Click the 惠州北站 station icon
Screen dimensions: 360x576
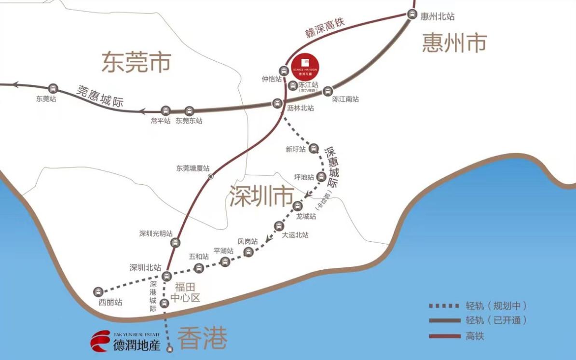click(411, 14)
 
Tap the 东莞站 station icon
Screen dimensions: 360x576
click(53, 88)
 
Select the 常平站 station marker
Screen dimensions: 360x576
click(165, 111)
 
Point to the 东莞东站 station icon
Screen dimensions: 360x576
click(189, 111)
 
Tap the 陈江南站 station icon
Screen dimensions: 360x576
click(328, 90)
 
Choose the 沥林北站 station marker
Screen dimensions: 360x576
click(277, 103)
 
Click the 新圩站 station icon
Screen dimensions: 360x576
click(314, 148)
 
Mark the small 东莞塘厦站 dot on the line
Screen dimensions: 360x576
click(210, 177)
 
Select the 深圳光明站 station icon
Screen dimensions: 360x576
click(175, 243)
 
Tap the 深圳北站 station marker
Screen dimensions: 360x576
click(166, 276)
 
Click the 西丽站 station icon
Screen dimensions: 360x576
click(98, 292)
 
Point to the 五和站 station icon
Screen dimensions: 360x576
click(198, 268)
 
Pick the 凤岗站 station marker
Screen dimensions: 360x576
click(248, 251)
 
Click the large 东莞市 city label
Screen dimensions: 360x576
click(136, 63)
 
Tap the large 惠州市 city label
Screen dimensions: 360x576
click(454, 42)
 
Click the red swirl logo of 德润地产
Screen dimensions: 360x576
click(100, 341)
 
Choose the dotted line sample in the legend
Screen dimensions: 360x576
click(444, 306)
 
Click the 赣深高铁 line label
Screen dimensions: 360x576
click(326, 28)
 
